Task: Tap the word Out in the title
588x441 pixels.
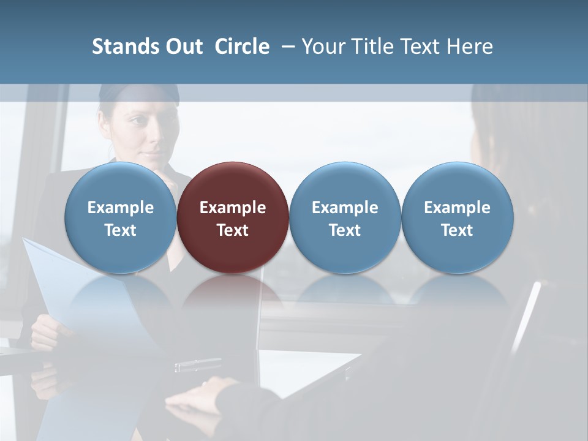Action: coord(182,47)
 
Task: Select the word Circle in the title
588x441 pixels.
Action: coord(241,47)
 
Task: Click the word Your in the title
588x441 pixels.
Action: coord(323,47)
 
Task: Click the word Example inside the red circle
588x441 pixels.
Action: coord(233,208)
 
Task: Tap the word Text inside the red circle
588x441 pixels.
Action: coord(233,230)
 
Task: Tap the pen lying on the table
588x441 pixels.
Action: coord(197,365)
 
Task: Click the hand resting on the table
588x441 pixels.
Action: coord(202,398)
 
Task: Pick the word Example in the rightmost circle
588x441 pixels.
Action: coord(457,208)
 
